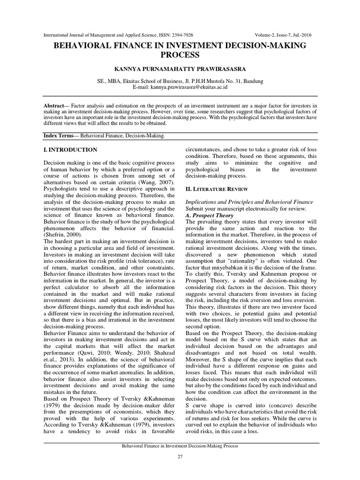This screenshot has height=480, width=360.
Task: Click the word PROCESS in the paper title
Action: coord(180,54)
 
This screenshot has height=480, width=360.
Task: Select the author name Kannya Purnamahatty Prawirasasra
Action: coord(180,69)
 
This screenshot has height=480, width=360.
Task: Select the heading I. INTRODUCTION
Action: coord(70,150)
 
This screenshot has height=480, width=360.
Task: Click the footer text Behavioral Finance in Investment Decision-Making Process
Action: coord(180,446)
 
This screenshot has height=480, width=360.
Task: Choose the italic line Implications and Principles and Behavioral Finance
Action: coord(249,202)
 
